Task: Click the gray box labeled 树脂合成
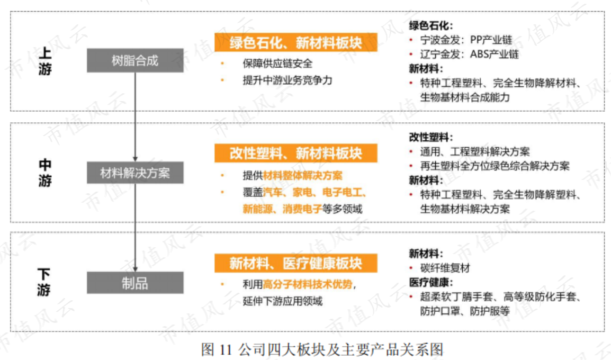135,60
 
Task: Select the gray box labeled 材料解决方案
135,173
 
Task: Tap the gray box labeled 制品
135,283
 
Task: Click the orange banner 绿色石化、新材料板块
296,42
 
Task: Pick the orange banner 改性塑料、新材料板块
296,153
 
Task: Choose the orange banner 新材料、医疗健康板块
296,263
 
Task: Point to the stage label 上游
45,61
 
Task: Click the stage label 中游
45,173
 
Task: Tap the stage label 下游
44,282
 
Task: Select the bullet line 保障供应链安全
277,64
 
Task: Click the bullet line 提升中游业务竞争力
287,80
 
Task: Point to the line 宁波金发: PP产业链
466,40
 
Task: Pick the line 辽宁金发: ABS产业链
469,54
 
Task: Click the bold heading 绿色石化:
431,26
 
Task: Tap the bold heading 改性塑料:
431,137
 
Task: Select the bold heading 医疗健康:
431,283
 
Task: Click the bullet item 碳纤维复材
445,268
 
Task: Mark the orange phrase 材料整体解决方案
302,176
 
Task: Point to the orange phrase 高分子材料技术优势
308,284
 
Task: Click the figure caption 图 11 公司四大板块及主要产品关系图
322,349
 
